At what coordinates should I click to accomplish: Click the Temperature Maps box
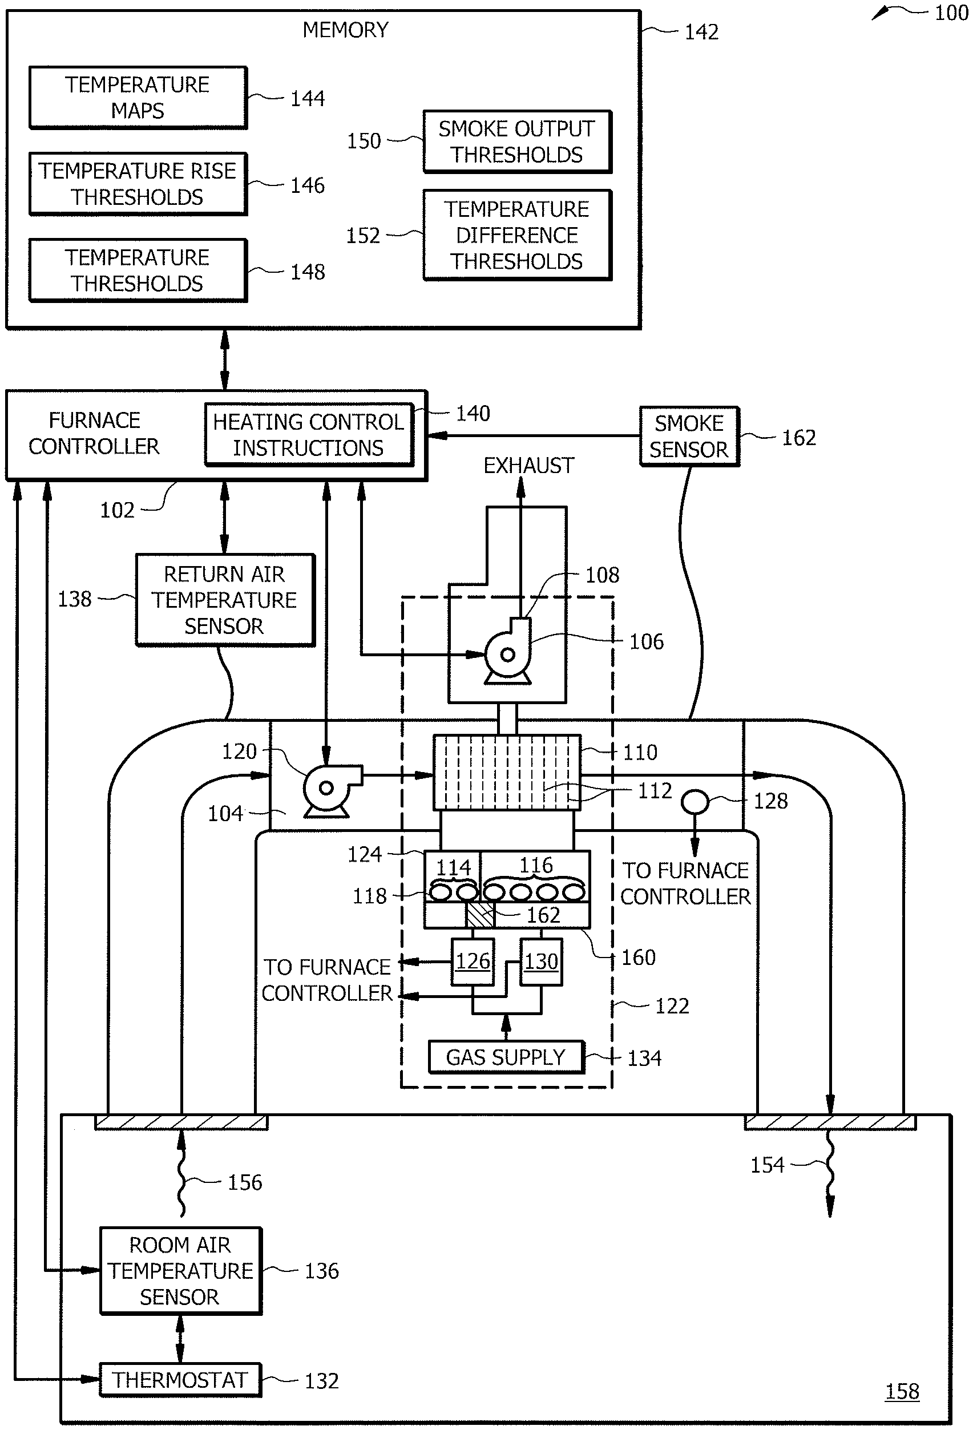pyautogui.click(x=138, y=97)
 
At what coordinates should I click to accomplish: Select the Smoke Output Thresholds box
pyautogui.click(x=517, y=142)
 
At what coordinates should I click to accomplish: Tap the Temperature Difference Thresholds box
pyautogui.click(x=517, y=235)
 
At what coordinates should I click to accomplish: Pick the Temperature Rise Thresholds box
pyautogui.click(x=138, y=184)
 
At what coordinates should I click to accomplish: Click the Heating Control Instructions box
pyautogui.click(x=308, y=434)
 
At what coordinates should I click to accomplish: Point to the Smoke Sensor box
pyautogui.click(x=689, y=437)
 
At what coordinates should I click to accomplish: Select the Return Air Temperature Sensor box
pyautogui.click(x=225, y=600)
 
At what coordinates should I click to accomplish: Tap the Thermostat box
pyautogui.click(x=180, y=1380)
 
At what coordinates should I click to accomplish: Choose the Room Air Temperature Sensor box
pyautogui.click(x=180, y=1271)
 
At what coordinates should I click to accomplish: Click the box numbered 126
pyautogui.click(x=473, y=961)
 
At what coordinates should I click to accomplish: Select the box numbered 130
pyautogui.click(x=541, y=961)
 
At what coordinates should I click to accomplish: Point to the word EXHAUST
pyautogui.click(x=528, y=466)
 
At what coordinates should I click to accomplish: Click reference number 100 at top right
pyautogui.click(x=951, y=13)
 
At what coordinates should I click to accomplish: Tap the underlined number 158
pyautogui.click(x=902, y=1391)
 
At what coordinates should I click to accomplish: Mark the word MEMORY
pyautogui.click(x=345, y=30)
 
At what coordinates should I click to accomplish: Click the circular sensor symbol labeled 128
pyautogui.click(x=695, y=802)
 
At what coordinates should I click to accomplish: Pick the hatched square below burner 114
pyautogui.click(x=480, y=915)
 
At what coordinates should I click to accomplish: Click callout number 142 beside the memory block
pyautogui.click(x=701, y=32)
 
